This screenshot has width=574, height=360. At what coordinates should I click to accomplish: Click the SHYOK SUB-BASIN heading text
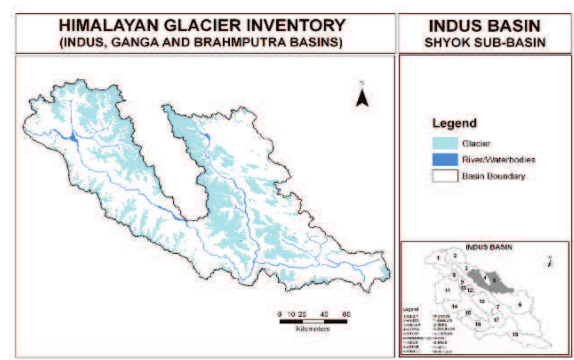(x=485, y=43)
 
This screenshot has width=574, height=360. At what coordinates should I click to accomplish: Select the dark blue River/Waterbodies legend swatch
(x=445, y=160)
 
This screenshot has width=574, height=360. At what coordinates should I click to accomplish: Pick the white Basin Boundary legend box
(x=445, y=176)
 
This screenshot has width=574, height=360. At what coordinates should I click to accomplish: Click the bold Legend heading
(x=454, y=123)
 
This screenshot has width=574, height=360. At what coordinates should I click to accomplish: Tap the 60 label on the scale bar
(x=346, y=314)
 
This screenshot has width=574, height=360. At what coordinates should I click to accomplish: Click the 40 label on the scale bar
(x=324, y=314)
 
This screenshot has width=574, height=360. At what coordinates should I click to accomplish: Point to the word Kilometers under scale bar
(x=313, y=329)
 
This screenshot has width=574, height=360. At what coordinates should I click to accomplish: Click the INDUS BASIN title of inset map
(x=488, y=247)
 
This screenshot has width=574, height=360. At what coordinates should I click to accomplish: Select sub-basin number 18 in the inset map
(x=515, y=334)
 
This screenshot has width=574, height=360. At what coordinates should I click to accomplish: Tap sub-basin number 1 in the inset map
(x=438, y=258)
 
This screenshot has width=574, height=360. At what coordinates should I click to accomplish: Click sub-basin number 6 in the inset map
(x=520, y=305)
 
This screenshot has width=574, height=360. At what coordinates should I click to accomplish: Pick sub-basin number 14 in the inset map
(x=454, y=306)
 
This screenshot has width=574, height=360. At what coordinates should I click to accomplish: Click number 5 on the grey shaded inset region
(x=494, y=281)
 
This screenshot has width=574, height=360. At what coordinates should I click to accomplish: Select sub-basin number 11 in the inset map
(x=447, y=290)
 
